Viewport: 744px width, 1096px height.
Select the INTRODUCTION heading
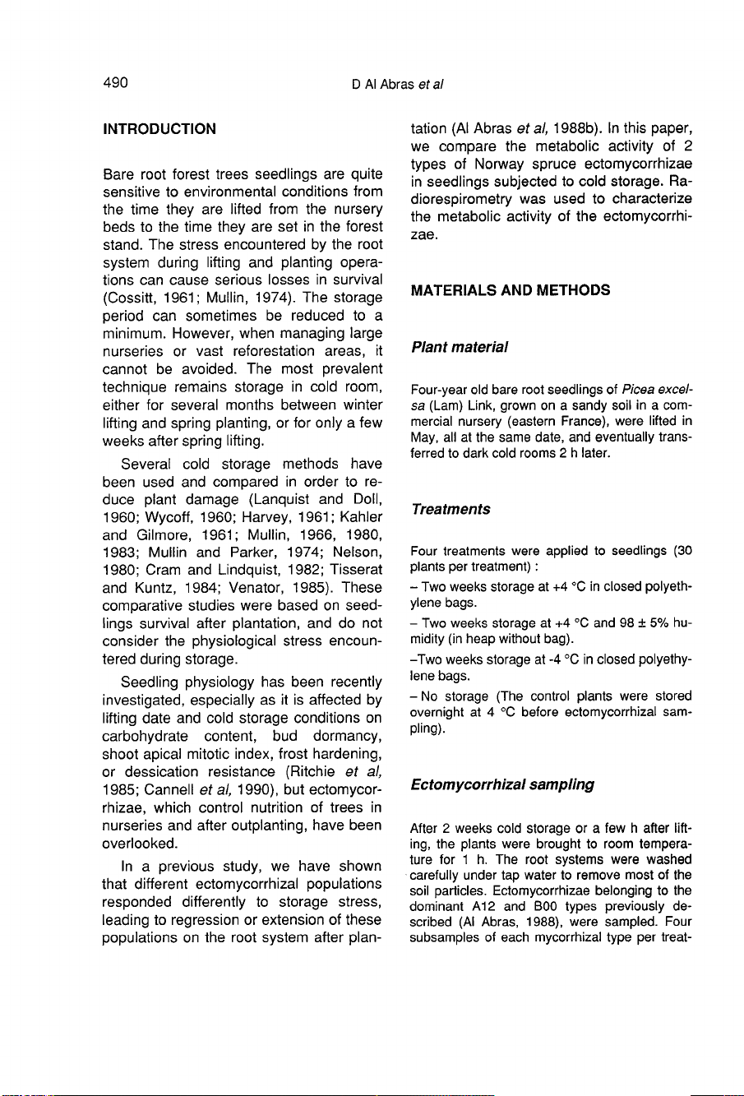[x=159, y=129]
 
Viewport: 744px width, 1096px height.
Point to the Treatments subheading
[x=451, y=509]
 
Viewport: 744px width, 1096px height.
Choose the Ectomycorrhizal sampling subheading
[x=503, y=784]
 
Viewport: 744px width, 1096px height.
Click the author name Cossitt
[x=130, y=298]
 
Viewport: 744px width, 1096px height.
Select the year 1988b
[x=557, y=128]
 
